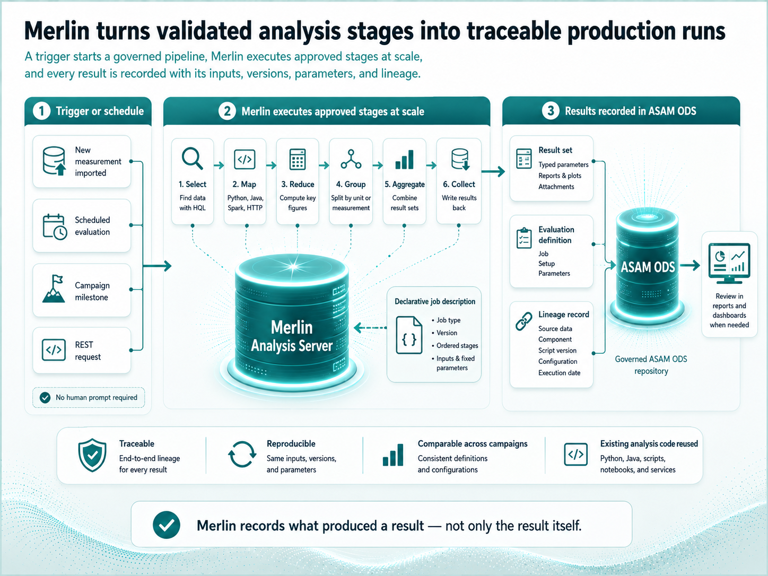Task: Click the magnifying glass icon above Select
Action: click(x=192, y=159)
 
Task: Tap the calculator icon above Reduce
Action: click(x=298, y=160)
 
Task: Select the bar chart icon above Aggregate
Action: click(x=405, y=160)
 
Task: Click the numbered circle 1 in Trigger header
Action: click(x=42, y=111)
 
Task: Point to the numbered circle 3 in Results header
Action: click(x=551, y=111)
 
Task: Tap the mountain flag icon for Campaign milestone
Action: click(x=54, y=289)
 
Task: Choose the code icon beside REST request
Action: click(x=54, y=350)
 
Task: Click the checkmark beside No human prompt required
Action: click(x=45, y=398)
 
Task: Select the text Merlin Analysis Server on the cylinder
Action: click(x=292, y=336)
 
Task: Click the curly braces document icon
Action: click(x=409, y=335)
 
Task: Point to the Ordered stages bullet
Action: click(x=455, y=345)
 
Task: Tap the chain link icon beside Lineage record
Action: click(x=524, y=321)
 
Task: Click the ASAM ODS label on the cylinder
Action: click(x=648, y=267)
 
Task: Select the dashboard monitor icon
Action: click(x=729, y=263)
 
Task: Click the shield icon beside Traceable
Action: click(x=92, y=455)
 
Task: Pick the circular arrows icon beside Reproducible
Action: click(x=242, y=455)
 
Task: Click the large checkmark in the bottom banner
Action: click(x=167, y=525)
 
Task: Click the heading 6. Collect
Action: click(x=459, y=184)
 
